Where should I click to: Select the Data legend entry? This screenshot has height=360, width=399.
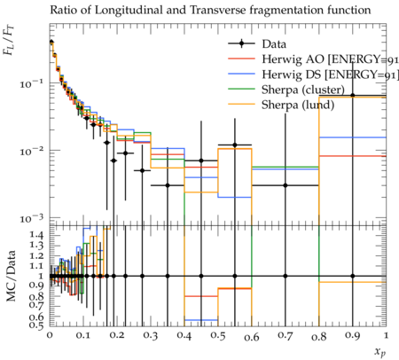point(257,44)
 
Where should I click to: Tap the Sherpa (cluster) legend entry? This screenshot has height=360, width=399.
point(286,90)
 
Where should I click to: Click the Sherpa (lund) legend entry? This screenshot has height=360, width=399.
point(281,105)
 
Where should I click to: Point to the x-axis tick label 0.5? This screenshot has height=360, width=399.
point(218,336)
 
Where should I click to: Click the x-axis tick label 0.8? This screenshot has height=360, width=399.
point(319,336)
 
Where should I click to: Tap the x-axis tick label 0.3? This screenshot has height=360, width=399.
point(151,336)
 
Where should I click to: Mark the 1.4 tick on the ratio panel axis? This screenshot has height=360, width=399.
point(36,235)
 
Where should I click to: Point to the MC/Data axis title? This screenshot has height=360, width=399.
point(11,276)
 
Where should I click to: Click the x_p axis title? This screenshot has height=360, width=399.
point(380,352)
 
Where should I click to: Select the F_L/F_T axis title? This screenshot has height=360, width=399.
point(9,41)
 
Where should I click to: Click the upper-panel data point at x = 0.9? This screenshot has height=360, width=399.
point(353,96)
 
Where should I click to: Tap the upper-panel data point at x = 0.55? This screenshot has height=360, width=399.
point(235,145)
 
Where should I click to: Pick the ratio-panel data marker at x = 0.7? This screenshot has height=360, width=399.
point(286,276)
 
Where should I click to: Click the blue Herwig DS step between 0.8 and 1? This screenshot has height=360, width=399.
point(353,137)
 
